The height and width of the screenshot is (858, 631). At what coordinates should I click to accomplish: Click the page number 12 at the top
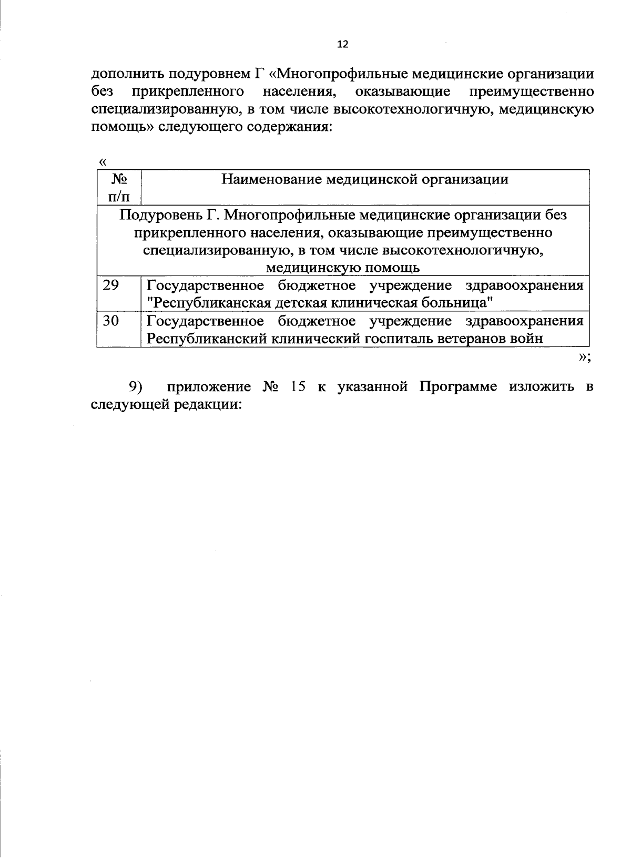click(x=342, y=45)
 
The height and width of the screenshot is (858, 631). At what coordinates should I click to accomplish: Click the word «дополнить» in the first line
click(x=121, y=74)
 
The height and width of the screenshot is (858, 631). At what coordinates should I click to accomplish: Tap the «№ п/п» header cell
click(x=119, y=188)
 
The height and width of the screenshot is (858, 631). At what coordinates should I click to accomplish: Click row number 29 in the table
click(x=111, y=285)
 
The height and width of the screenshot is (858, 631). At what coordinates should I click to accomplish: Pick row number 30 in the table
click(x=111, y=321)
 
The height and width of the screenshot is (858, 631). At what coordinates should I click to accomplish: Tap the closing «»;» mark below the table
click(x=585, y=357)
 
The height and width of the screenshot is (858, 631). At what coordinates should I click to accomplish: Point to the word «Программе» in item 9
click(x=458, y=388)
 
